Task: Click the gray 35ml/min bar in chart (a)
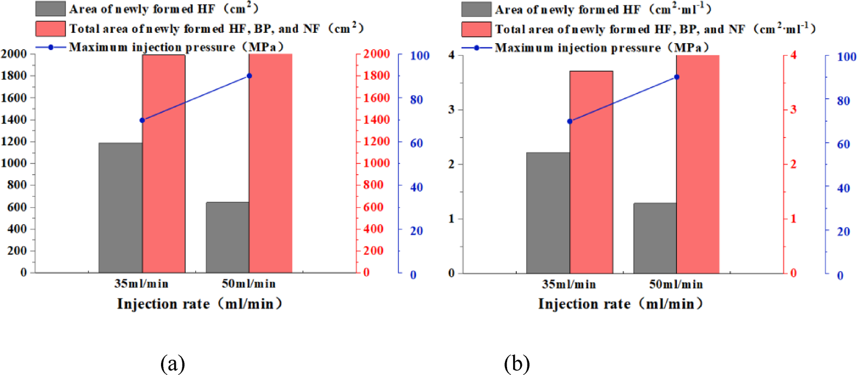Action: pos(120,207)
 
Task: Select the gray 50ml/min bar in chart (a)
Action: pos(227,237)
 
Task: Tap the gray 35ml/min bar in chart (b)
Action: pos(547,213)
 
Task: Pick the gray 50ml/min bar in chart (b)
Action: pos(654,238)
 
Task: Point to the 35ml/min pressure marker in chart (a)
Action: pos(142,120)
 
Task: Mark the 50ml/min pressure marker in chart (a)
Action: pos(249,75)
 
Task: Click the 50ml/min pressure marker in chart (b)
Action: pos(677,77)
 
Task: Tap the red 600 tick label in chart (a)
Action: pos(373,207)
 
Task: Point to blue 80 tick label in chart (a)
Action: pos(416,100)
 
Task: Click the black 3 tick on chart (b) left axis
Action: pos(451,109)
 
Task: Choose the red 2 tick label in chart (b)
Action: pos(793,164)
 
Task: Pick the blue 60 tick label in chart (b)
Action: pos(843,144)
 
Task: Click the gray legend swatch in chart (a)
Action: pos(50,9)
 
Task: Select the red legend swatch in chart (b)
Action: pos(476,29)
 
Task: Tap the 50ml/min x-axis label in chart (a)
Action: pos(248,284)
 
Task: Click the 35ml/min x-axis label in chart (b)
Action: pos(569,284)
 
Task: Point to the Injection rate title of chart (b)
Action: pos(620,304)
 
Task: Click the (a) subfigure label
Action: pos(172,363)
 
